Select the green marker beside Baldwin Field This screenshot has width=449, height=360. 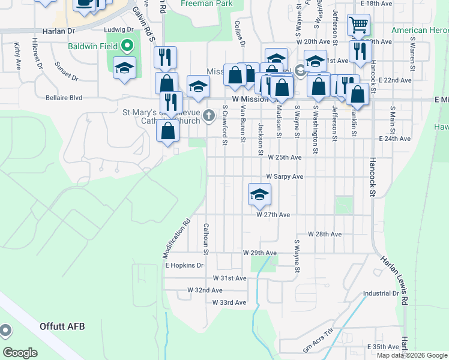(127, 46)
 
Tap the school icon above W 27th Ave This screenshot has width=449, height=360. (259, 194)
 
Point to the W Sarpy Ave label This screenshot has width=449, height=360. (285, 177)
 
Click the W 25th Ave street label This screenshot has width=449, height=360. (285, 157)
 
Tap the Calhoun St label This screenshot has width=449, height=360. (205, 236)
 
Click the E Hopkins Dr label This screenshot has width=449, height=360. (184, 265)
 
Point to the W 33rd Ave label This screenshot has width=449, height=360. (229, 302)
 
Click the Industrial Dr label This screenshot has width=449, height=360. (381, 293)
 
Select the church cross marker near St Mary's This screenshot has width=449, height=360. (209, 115)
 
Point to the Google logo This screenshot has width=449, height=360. (20, 352)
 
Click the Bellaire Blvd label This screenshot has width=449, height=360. (64, 97)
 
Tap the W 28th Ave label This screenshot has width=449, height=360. (324, 234)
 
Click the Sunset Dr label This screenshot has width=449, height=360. (66, 71)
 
